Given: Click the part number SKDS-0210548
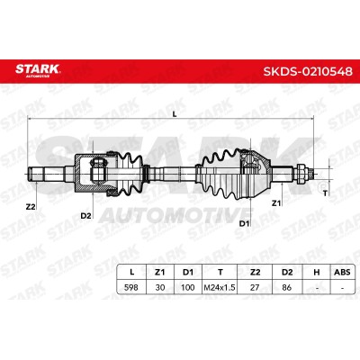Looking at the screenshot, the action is point(308,72).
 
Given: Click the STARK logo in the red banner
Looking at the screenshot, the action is point(38,70).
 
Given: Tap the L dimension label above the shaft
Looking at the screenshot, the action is point(175,113).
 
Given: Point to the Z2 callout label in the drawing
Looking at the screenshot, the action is point(31,207).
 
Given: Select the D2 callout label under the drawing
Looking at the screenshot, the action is point(85,215).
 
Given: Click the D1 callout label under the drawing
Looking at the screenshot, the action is point(244,223).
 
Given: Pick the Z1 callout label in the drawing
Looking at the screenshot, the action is point(276,203).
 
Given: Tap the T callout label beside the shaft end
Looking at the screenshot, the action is point(325,193).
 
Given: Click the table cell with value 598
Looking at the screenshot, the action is point(131,287).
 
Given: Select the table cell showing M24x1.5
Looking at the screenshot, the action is point(220,287).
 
